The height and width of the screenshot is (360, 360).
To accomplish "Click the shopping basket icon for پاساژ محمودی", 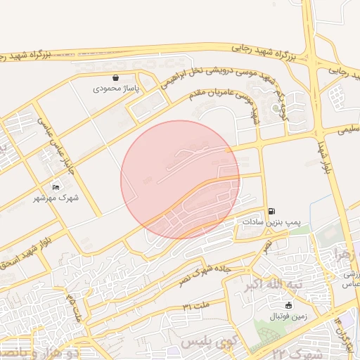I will pos(116,78).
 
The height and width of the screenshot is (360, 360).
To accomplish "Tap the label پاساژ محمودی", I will pos(116,89).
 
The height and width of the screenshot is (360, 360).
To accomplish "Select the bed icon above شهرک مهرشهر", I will pos(56,187).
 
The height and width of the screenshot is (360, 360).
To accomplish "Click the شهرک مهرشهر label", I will pos(56,198).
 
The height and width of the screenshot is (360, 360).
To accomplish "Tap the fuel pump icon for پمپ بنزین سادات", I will pos(271,210).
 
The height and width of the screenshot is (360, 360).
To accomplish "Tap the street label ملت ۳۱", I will pos(196,307).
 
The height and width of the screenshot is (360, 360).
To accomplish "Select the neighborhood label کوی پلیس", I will pos(204,342).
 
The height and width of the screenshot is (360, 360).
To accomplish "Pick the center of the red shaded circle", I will pos(180,180).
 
